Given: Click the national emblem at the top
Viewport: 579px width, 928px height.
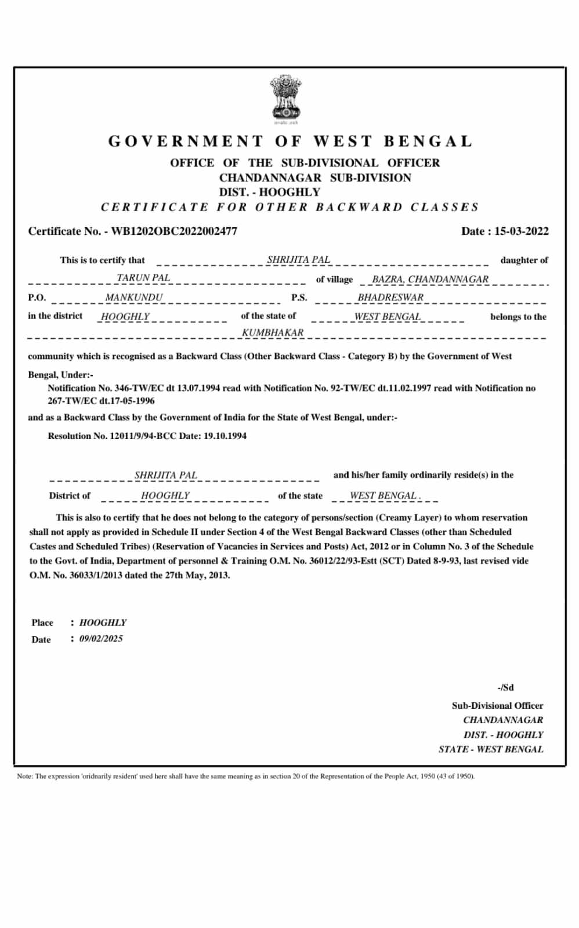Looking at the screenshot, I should pyautogui.click(x=285, y=99).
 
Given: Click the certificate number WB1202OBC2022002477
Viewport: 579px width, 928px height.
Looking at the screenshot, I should pyautogui.click(x=174, y=231).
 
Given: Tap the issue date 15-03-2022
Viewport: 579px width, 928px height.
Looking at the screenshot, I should pyautogui.click(x=521, y=231).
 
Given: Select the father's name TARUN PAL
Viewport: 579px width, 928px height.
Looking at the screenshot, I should pyautogui.click(x=143, y=278).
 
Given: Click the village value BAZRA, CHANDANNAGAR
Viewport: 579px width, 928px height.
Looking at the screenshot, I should pyautogui.click(x=430, y=279).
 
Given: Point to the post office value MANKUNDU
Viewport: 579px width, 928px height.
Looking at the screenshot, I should pyautogui.click(x=134, y=298).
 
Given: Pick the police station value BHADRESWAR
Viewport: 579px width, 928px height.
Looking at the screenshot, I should pyautogui.click(x=390, y=298).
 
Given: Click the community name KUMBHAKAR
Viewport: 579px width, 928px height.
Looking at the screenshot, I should pyautogui.click(x=273, y=333).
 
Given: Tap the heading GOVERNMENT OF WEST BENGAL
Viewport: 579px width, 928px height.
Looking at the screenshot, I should pyautogui.click(x=290, y=142).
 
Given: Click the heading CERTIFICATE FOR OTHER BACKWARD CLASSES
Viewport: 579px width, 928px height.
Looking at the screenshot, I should pyautogui.click(x=290, y=207).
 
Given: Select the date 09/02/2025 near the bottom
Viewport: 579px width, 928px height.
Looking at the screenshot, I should pyautogui.click(x=101, y=639).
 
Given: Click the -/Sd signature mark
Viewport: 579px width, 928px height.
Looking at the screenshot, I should pyautogui.click(x=505, y=687).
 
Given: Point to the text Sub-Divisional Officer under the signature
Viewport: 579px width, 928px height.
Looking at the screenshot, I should pyautogui.click(x=497, y=706).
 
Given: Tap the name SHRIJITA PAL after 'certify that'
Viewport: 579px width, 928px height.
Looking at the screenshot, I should pyautogui.click(x=298, y=260).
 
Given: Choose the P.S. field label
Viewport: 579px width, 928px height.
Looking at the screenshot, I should pyautogui.click(x=299, y=298).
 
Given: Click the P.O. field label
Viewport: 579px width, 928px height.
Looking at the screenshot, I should pyautogui.click(x=37, y=298).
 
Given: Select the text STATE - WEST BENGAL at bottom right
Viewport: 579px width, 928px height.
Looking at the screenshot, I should pyautogui.click(x=491, y=749).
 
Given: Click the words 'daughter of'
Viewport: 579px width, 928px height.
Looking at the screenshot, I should pyautogui.click(x=524, y=260).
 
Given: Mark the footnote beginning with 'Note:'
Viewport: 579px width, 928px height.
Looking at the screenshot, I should pyautogui.click(x=245, y=776).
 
